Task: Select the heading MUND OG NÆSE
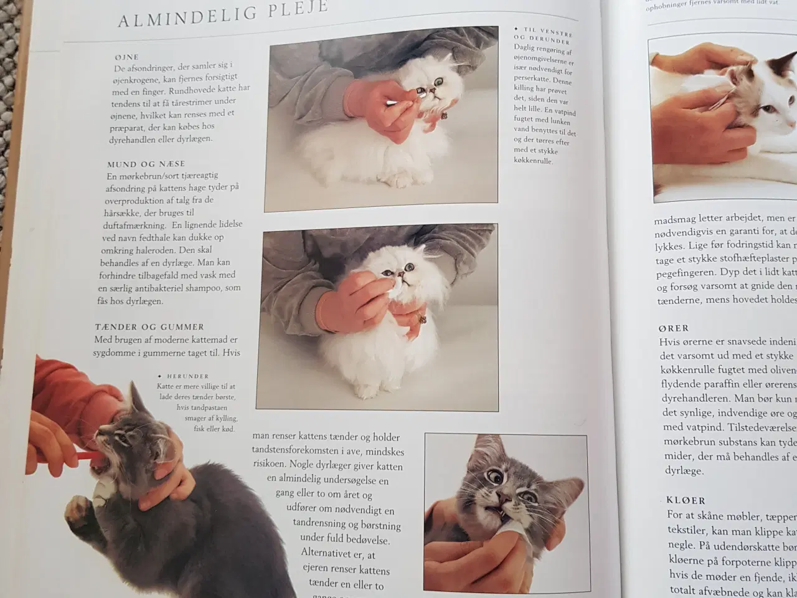point(146,164)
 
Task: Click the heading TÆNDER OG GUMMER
point(149,326)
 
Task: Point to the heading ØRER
point(673,328)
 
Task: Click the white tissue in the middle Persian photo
point(395,288)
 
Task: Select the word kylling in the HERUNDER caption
point(225,419)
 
